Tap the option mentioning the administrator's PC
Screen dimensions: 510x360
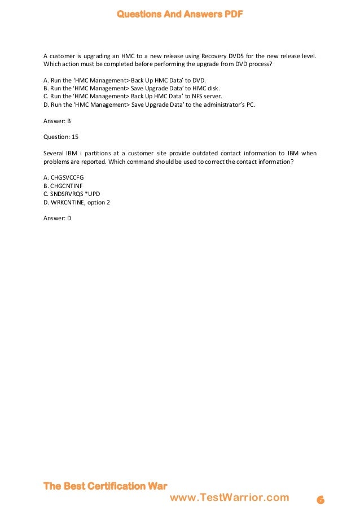150,104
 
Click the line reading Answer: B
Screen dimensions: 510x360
57,121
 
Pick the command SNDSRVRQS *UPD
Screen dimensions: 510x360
69,194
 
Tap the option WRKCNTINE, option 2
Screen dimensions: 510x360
77,202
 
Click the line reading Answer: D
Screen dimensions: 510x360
58,218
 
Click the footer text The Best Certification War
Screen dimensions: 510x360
106,486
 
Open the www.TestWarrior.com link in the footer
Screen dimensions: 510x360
229,498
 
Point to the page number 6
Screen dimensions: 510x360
320,499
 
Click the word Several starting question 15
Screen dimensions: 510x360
54,153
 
